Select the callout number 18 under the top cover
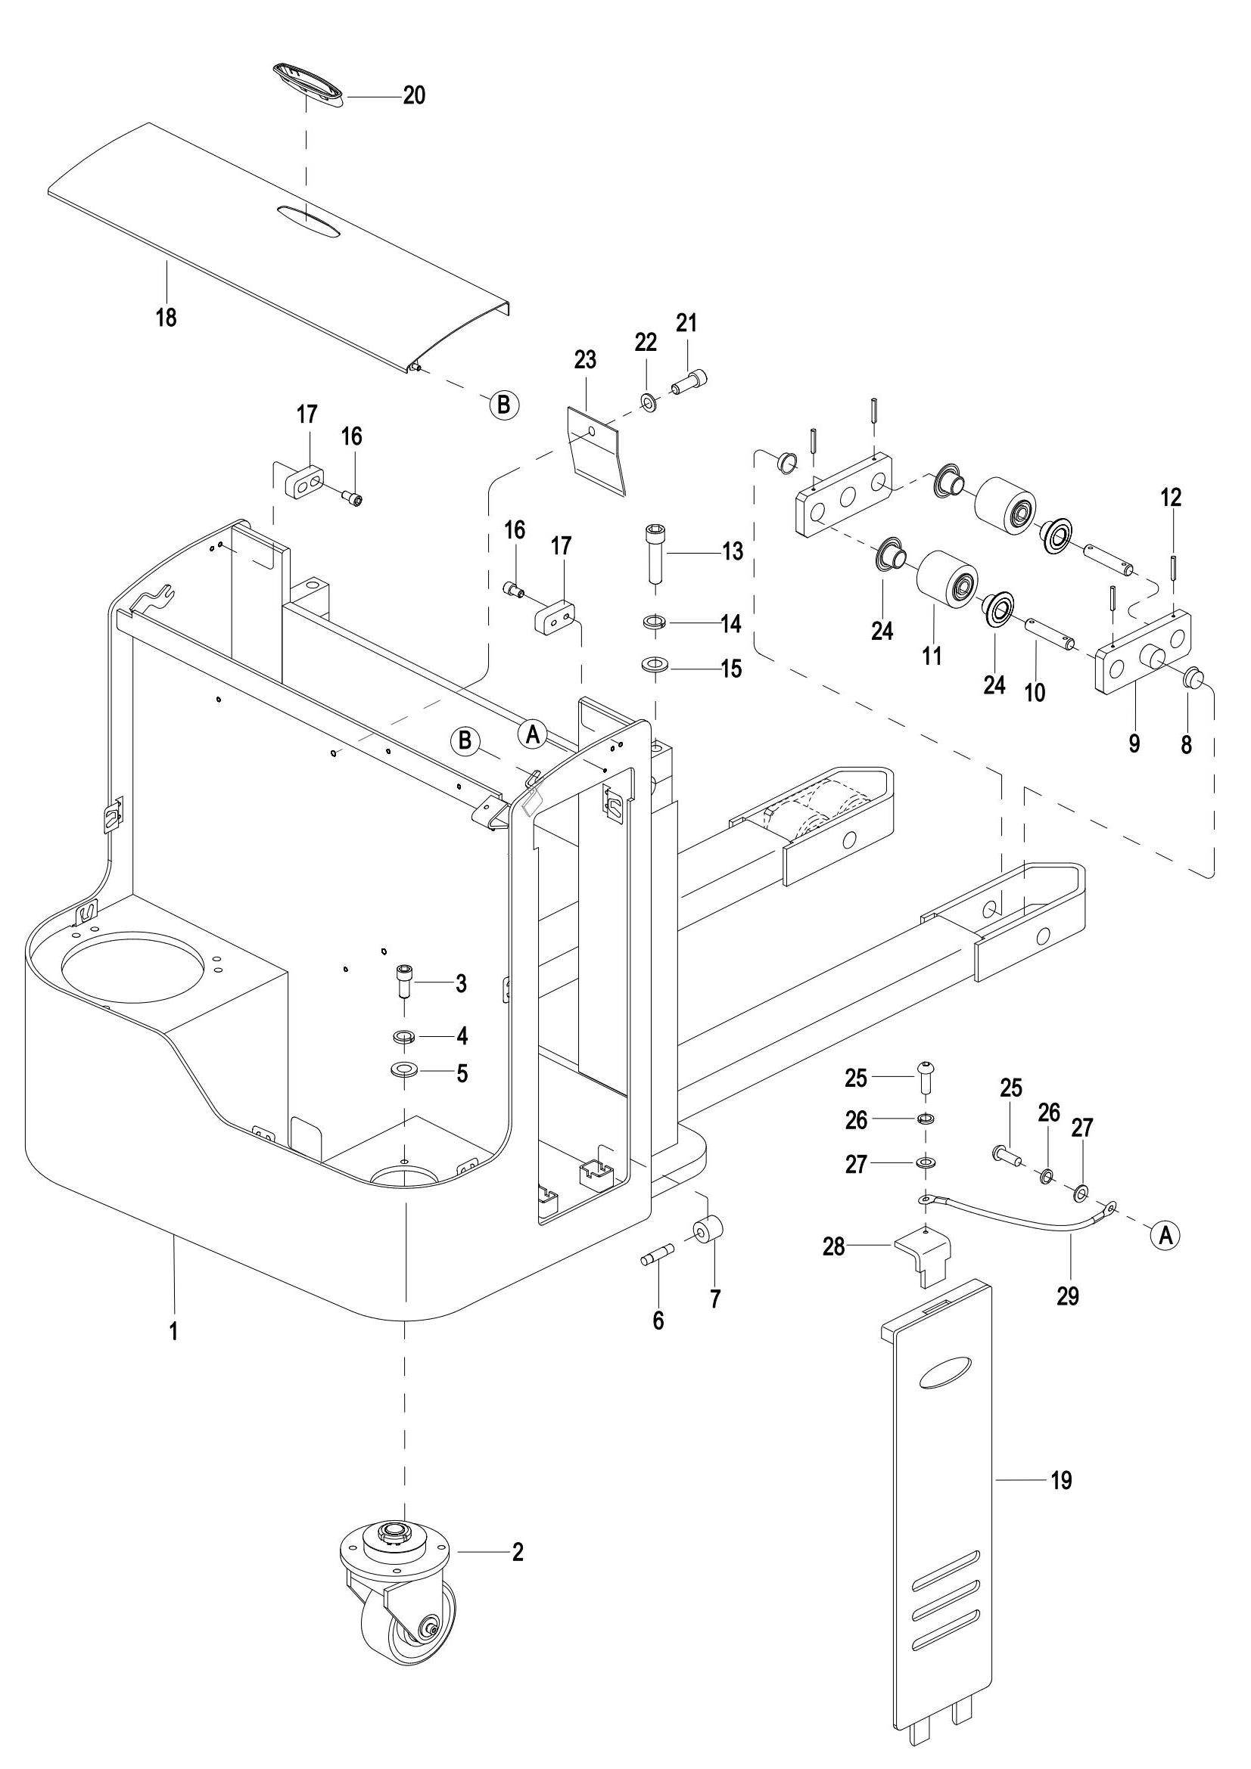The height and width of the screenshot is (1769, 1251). pos(166,317)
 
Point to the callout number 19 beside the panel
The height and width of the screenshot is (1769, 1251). pos(1061,1480)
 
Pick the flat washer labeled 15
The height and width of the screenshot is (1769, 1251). pos(655,663)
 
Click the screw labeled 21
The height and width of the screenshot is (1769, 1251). pos(691,380)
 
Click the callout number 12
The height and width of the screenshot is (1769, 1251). pos(1171,498)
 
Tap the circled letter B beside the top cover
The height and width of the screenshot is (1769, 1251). pos(503,404)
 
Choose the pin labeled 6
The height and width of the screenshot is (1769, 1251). pos(658,1258)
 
